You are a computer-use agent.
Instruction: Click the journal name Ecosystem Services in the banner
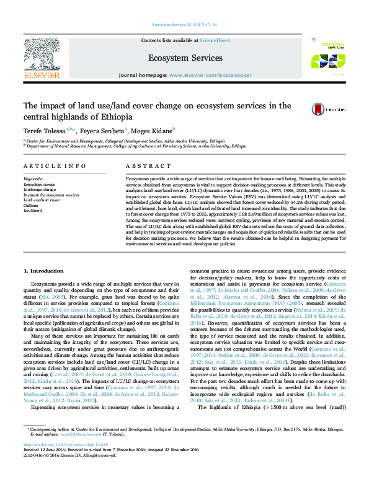tap(185, 58)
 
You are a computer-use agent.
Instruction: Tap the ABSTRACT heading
tap(144, 166)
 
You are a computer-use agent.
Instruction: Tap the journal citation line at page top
tap(184, 25)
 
